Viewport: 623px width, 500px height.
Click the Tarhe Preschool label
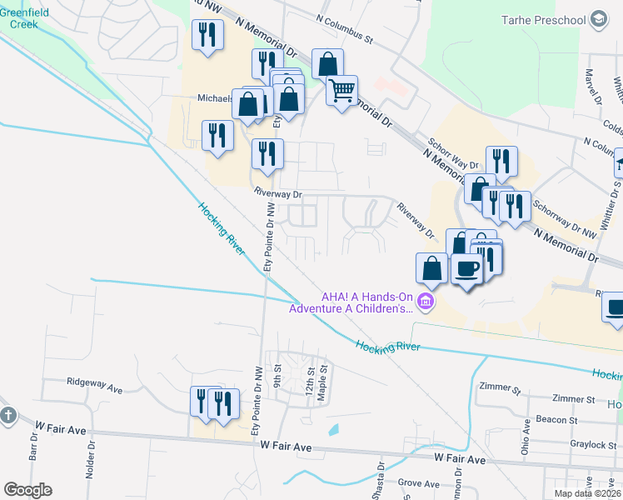pyautogui.click(x=544, y=18)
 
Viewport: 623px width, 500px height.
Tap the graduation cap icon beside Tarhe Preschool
pyautogui.click(x=598, y=18)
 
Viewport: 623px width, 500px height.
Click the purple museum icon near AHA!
pyautogui.click(x=426, y=301)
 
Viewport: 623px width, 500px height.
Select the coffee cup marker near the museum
pyautogui.click(x=467, y=269)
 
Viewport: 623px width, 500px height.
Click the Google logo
pyautogui.click(x=27, y=490)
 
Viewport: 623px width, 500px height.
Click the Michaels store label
pyautogui.click(x=215, y=97)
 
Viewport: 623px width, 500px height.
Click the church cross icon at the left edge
pyautogui.click(x=8, y=414)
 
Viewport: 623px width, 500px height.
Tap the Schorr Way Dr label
pyautogui.click(x=454, y=153)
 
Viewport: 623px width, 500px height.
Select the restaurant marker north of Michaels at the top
pyautogui.click(x=207, y=35)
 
